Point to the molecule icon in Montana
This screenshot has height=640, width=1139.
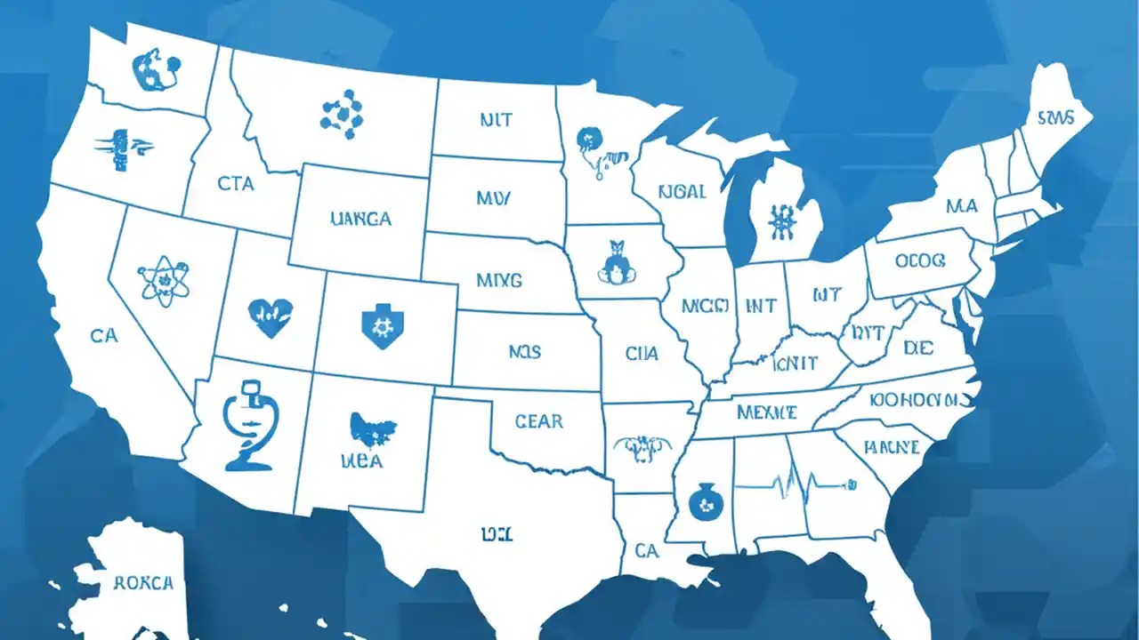(x=342, y=113)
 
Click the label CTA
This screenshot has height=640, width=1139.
(x=235, y=184)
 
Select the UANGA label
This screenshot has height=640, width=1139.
(x=359, y=219)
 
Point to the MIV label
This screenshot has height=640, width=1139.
(x=493, y=198)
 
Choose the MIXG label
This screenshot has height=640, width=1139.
(x=499, y=280)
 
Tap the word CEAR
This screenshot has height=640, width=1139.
(x=538, y=421)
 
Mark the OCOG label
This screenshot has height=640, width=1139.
(x=920, y=262)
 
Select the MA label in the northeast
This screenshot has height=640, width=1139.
(x=961, y=206)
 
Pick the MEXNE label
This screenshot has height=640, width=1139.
(x=767, y=412)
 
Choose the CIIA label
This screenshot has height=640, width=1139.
(x=642, y=354)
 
